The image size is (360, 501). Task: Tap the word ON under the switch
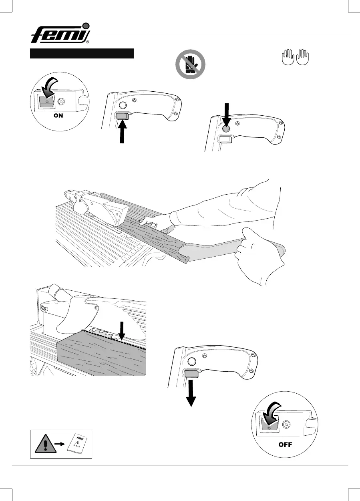[x=59, y=113]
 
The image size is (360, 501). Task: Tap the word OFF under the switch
[x=286, y=444]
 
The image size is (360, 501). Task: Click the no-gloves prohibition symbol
[x=190, y=65]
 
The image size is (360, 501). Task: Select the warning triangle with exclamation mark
[x=44, y=444]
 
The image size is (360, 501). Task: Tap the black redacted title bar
[x=82, y=54]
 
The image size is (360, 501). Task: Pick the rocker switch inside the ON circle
[x=46, y=103]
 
